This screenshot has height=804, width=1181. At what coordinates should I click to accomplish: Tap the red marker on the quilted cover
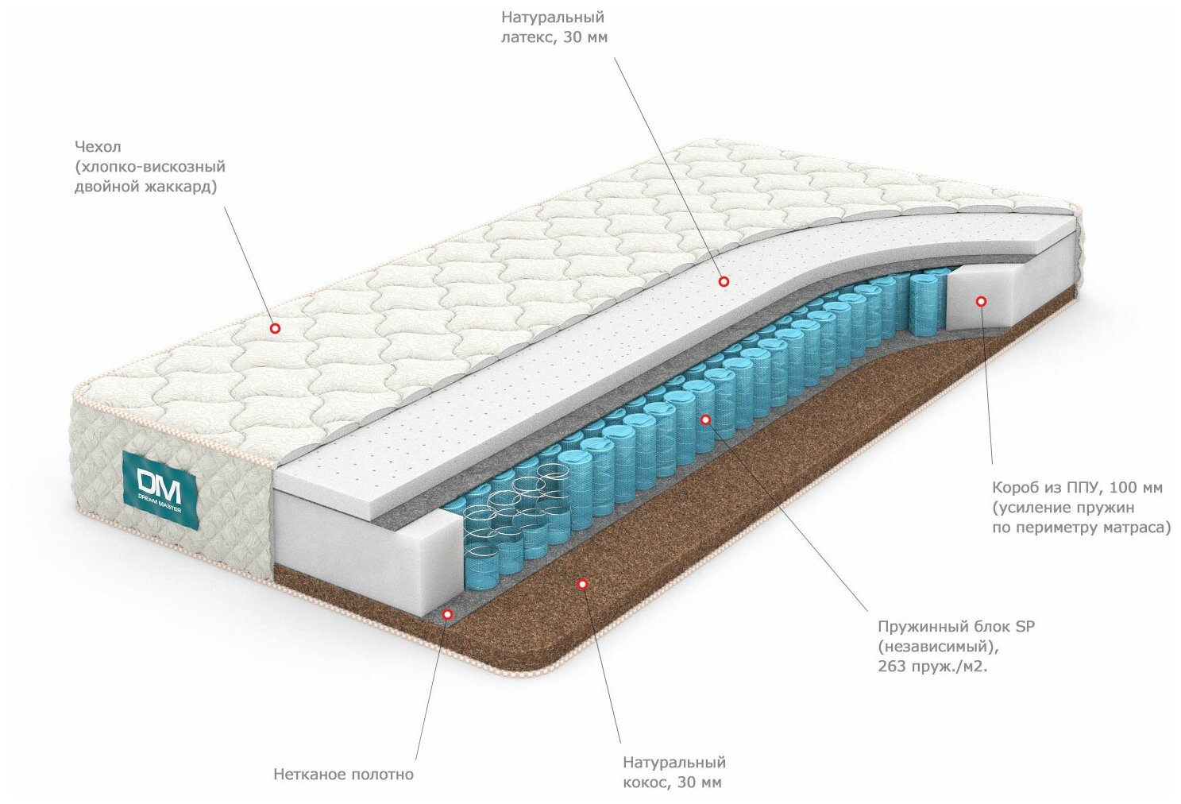[x=275, y=327]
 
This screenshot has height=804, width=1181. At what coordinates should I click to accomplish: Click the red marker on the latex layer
[x=724, y=280]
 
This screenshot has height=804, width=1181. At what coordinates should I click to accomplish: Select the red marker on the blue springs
[x=705, y=419]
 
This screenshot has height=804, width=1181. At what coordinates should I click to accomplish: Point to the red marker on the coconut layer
[x=581, y=584]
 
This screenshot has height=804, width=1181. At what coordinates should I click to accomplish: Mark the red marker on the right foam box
[x=981, y=301]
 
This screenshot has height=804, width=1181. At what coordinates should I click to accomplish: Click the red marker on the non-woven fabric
[x=447, y=614]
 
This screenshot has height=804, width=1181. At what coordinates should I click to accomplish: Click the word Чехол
[x=98, y=147]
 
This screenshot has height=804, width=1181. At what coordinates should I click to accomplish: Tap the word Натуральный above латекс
[x=553, y=17]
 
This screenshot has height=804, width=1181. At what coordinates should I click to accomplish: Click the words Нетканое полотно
[x=343, y=774]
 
